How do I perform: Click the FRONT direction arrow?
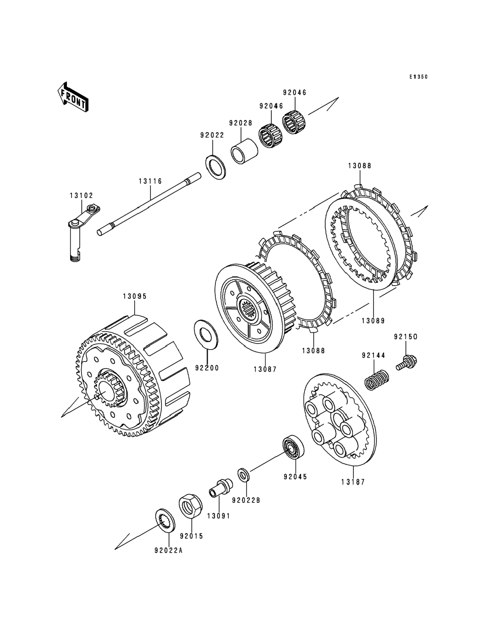(73, 97)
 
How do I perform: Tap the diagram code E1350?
(419, 77)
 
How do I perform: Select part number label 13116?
(151, 181)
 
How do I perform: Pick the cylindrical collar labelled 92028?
(244, 151)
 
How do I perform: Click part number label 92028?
(241, 123)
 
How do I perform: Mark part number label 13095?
(135, 296)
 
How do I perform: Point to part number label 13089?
(373, 321)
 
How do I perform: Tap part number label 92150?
(406, 337)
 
